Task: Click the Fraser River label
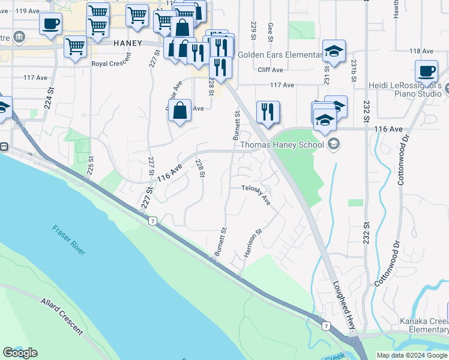coord(68,240)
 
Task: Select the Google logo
coord(20,353)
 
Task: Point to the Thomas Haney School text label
coord(282,145)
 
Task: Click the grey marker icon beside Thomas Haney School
coord(334,144)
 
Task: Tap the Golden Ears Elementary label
coord(280,55)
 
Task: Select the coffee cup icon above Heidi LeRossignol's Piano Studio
coord(427,71)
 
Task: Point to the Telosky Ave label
coord(256,194)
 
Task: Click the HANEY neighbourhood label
coord(127,43)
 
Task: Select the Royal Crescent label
coord(111,63)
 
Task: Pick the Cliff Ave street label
coord(270,70)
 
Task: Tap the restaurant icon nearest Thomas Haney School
coord(268,112)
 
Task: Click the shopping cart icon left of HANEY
coord(75,46)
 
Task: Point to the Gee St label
coord(271,32)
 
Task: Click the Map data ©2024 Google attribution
coord(412,355)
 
